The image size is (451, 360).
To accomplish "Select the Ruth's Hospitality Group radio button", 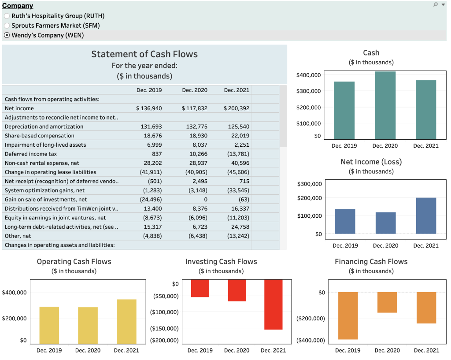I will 7,16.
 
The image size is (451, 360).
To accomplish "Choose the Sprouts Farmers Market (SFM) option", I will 7,26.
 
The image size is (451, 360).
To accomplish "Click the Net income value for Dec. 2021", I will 237,108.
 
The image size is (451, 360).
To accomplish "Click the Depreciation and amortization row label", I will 44,126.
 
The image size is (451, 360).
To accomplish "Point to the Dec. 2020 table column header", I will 194,90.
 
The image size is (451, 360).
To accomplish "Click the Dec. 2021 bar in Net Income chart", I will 426,215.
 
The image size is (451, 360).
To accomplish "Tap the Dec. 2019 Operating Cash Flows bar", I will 49,325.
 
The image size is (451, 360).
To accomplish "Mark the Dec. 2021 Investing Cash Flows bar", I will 273,304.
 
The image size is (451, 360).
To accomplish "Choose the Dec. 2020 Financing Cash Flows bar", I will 387,302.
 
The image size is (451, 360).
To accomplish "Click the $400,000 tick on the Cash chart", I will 308,75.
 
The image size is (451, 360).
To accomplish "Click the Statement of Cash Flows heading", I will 144,54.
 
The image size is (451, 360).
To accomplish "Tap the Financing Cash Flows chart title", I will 371,262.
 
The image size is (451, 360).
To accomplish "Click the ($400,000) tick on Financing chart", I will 311,340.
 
